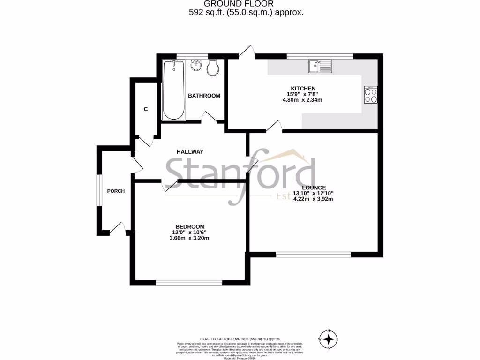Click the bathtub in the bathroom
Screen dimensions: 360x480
point(173,90)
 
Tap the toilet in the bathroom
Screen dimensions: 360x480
point(212,68)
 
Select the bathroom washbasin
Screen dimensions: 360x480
point(196,66)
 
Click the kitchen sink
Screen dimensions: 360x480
point(320,67)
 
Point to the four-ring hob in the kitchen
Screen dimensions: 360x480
point(371,96)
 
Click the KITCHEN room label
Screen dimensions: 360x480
point(303,89)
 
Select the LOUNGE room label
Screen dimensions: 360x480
point(314,187)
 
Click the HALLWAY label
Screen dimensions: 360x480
point(190,152)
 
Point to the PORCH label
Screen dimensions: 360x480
point(116,191)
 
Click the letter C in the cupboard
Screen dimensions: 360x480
point(146,109)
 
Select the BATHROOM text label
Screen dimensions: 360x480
point(204,96)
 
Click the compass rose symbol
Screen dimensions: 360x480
point(330,338)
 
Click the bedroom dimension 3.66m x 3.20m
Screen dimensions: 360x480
point(189,238)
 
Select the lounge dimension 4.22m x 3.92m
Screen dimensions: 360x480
point(313,199)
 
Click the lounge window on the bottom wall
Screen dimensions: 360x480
point(314,255)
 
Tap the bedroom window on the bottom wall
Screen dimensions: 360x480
point(189,283)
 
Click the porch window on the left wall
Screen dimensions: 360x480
point(99,190)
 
